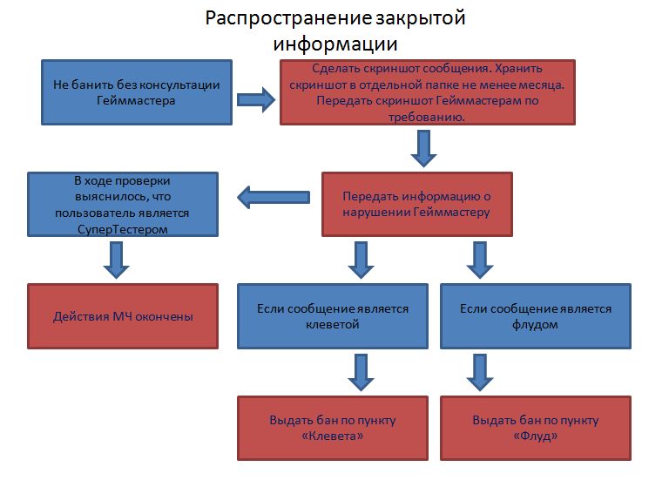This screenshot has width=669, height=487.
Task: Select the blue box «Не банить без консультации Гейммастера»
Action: pos(137,92)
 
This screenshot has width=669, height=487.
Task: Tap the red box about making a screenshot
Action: pos(428,92)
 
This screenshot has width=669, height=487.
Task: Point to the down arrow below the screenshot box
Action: pos(423,148)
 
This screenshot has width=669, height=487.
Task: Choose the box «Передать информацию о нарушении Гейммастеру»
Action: pos(416,204)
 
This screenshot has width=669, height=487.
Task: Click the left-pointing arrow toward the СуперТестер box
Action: pos(274,198)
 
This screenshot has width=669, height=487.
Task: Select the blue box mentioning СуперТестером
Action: pos(122,204)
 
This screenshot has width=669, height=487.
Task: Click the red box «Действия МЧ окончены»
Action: pos(122,316)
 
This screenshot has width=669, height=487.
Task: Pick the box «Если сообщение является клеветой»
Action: pos(333,316)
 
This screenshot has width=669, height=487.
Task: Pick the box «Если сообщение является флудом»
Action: pos(535,316)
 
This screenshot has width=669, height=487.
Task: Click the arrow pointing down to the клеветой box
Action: pos(360,259)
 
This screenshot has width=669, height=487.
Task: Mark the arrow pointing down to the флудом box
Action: pos(477,259)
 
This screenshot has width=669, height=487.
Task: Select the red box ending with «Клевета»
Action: pos(333,428)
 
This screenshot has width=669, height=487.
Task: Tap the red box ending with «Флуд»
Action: pos(535,428)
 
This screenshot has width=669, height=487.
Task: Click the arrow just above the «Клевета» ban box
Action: pos(360,371)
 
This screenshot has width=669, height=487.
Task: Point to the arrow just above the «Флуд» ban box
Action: pos(477,371)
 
